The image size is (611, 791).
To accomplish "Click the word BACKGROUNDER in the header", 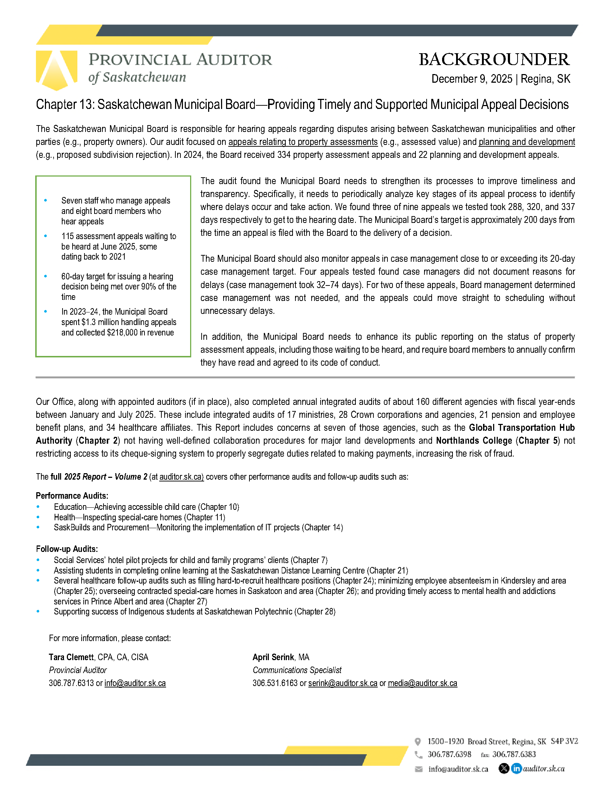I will pos(494,59).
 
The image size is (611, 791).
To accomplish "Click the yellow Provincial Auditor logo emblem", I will pos(56,70).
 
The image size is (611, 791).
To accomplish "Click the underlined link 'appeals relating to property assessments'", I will pos(303,142).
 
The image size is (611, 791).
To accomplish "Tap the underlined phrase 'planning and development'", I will pos(527,142).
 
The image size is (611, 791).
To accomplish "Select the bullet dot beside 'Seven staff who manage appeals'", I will pos(46,200).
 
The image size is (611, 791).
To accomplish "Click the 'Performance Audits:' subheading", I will pos(72,496).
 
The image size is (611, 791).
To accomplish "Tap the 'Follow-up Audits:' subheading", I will pos(67,549).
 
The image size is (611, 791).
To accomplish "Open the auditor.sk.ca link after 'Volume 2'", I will pos(182,477).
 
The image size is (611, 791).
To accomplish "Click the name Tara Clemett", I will pos(71,657).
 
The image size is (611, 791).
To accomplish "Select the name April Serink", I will pos(273,657).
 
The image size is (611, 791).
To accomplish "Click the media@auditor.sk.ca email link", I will pos(422,683).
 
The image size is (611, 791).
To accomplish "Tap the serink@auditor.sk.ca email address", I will pos(343,683).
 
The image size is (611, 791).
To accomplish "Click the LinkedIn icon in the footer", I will pos(516,768).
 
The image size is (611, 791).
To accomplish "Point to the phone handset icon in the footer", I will pos(418,754).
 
